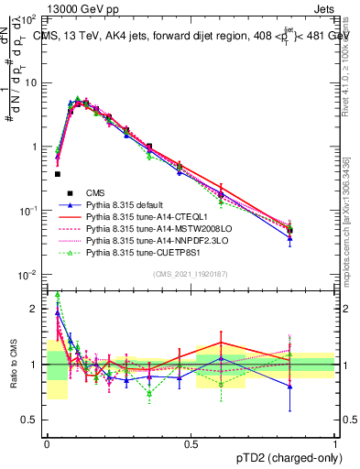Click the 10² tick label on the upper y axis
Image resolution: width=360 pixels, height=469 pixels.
click(31, 19)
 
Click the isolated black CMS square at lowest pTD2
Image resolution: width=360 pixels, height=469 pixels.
click(57, 173)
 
